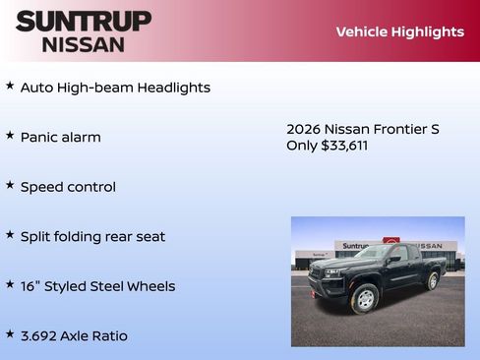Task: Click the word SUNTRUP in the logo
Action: point(84,21)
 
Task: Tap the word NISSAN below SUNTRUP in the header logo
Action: point(84,43)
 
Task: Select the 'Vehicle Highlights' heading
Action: point(399,31)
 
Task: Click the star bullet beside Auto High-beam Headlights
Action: point(10,87)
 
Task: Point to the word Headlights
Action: point(174,88)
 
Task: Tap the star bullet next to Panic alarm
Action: point(10,136)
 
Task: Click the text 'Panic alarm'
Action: point(61,137)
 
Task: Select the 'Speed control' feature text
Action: point(68,187)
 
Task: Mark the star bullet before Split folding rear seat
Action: point(10,235)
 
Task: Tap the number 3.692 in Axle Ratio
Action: point(42,335)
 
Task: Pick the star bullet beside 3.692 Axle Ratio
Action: point(10,334)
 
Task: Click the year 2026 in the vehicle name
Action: point(303,129)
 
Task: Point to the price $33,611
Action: point(344,146)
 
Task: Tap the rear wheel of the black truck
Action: point(432,280)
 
